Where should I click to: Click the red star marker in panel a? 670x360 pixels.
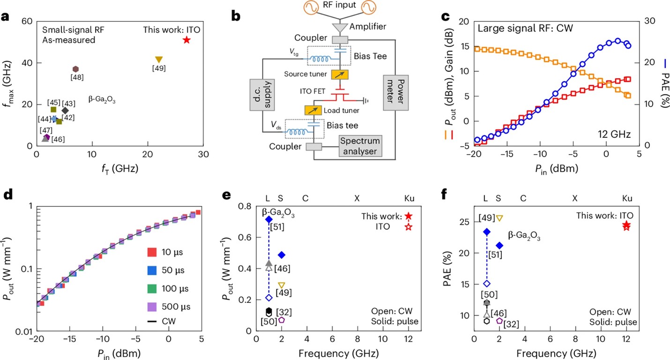pos(186,40)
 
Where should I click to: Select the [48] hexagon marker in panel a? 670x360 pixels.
pos(75,69)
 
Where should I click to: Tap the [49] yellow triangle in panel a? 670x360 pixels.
pos(159,60)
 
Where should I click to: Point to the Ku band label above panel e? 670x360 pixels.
pos(409,198)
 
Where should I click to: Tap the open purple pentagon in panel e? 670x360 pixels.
pos(282,320)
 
